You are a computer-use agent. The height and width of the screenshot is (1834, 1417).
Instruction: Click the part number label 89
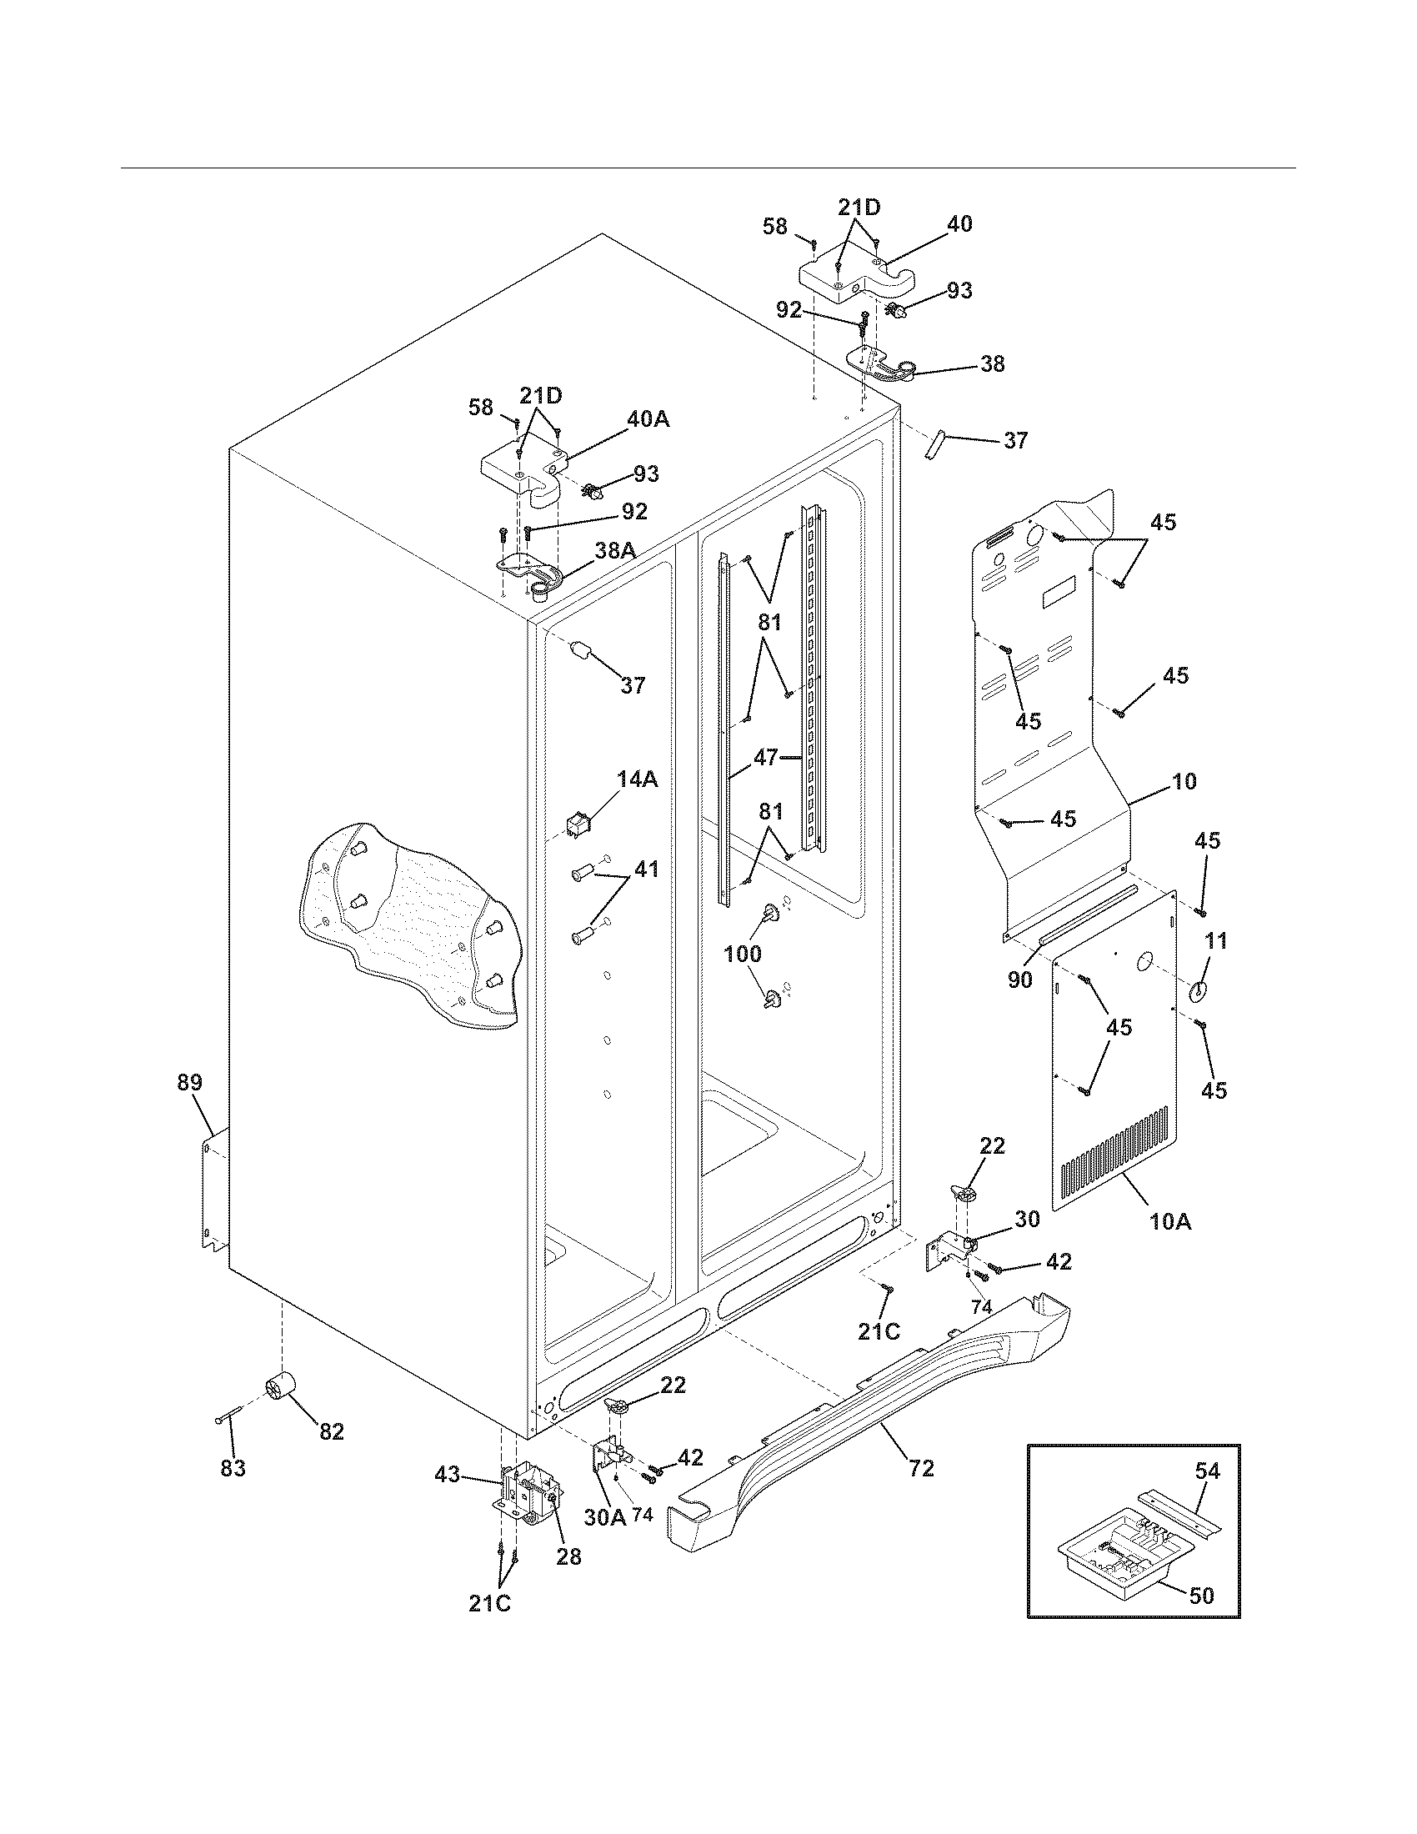[190, 1082]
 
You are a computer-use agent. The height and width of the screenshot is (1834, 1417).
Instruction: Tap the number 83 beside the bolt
[233, 1468]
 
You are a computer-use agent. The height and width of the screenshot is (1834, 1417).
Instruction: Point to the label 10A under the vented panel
[1170, 1245]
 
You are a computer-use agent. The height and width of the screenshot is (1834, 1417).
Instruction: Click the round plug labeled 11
[1196, 991]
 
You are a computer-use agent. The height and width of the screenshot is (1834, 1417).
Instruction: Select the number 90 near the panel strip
[1020, 980]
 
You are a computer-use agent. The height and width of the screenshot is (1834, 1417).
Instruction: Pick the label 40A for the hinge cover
[648, 419]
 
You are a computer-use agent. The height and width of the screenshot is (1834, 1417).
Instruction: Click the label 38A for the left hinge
[614, 550]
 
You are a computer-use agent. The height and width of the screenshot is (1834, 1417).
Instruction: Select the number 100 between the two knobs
[743, 953]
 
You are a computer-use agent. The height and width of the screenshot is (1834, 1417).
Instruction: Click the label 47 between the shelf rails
[765, 758]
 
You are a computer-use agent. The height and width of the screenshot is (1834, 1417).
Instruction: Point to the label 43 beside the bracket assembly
[448, 1474]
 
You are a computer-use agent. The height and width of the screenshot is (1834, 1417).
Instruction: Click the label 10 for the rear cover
[1184, 781]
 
